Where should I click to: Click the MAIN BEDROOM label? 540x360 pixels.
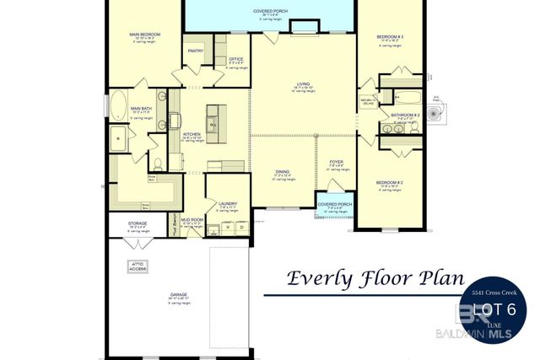pyautogui.click(x=144, y=35)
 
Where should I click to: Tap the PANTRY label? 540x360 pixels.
pyautogui.click(x=196, y=51)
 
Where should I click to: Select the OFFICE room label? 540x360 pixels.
pyautogui.click(x=236, y=59)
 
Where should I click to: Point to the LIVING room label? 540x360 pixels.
pyautogui.click(x=304, y=84)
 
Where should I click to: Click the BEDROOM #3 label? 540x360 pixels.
pyautogui.click(x=390, y=37)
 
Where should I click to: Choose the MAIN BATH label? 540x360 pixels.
pyautogui.click(x=141, y=109)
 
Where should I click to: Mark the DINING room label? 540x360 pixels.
pyautogui.click(x=282, y=172)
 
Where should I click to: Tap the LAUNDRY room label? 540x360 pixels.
pyautogui.click(x=227, y=203)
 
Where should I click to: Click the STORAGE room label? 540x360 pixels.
pyautogui.click(x=138, y=223)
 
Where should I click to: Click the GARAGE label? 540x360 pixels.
pyautogui.click(x=178, y=295)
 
